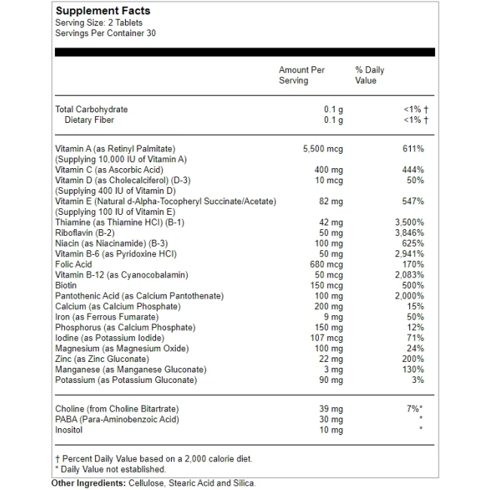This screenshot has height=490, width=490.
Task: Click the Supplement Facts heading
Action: [103, 11]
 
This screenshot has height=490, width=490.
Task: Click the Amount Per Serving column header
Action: [302, 75]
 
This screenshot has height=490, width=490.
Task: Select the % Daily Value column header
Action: [369, 75]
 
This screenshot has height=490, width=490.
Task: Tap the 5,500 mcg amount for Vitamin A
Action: [323, 149]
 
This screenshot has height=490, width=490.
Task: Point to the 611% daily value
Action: [413, 149]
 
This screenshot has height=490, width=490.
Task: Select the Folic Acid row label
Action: [74, 265]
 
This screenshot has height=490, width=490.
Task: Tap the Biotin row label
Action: [66, 286]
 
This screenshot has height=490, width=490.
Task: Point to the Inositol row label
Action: [69, 430]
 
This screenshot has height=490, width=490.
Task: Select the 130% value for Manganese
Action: [413, 369]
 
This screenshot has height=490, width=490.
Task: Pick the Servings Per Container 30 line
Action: [106, 33]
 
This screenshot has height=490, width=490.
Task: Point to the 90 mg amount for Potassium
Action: [330, 380]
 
